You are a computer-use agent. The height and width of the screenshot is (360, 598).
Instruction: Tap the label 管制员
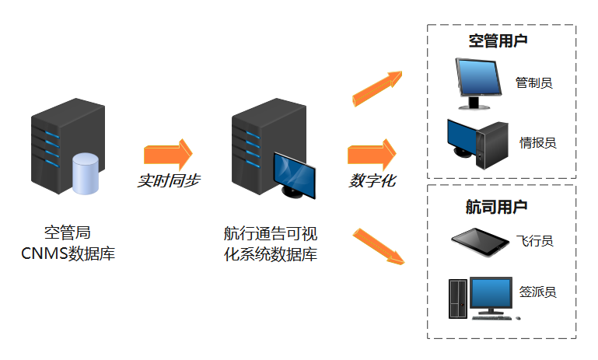pyautogui.click(x=534, y=82)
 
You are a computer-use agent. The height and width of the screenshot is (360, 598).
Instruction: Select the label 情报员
pyautogui.click(x=538, y=142)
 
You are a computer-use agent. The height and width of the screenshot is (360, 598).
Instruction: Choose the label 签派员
pyautogui.click(x=538, y=292)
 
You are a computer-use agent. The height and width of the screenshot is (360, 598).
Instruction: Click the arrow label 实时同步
pyautogui.click(x=168, y=180)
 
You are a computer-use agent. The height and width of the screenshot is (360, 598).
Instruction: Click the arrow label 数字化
pyautogui.click(x=372, y=180)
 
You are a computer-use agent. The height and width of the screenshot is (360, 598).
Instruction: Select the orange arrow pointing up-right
pyautogui.click(x=377, y=87)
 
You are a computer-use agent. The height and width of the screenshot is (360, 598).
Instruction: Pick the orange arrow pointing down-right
pyautogui.click(x=379, y=247)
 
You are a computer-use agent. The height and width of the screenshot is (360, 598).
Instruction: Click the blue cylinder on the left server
pyautogui.click(x=86, y=174)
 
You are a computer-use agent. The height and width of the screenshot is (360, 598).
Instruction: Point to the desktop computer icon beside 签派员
pyautogui.click(x=481, y=298)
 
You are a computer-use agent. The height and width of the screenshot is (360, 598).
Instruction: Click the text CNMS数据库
pyautogui.click(x=68, y=253)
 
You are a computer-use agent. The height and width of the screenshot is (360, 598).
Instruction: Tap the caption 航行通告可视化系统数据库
pyautogui.click(x=270, y=243)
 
